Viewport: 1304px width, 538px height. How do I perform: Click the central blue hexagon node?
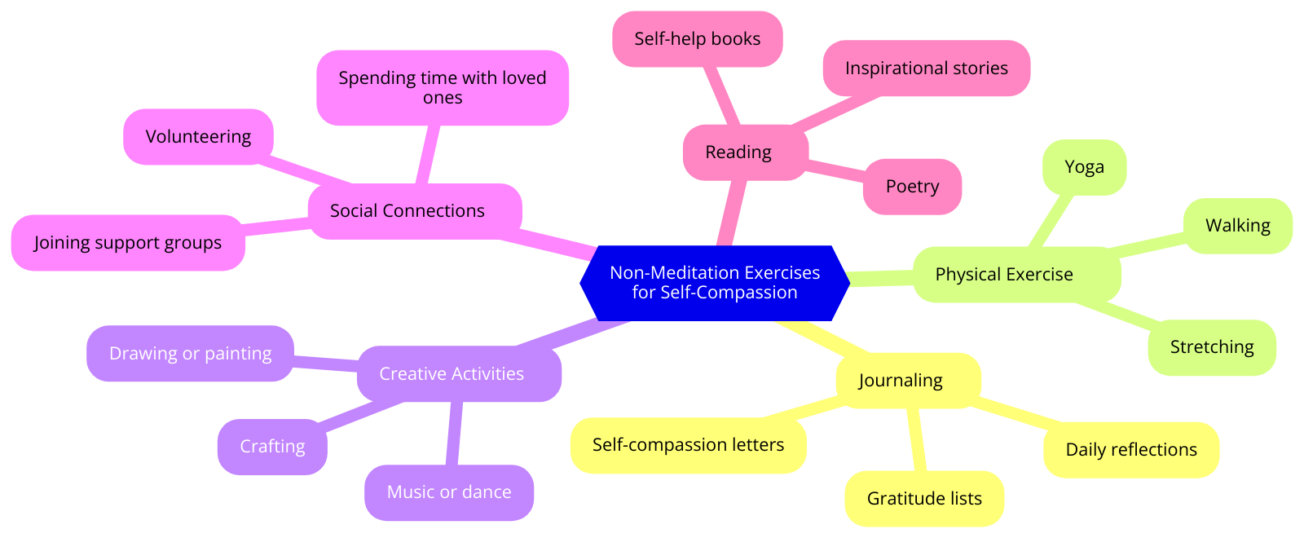point(715,283)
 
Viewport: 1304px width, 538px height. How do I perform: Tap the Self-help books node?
point(697,39)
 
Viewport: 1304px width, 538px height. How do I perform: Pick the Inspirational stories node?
point(926,68)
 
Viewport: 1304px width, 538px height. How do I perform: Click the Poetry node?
point(912,187)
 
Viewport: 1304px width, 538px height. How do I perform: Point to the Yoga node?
point(1084,167)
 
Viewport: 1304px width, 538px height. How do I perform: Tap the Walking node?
point(1237,226)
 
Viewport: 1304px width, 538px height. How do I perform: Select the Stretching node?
point(1211,347)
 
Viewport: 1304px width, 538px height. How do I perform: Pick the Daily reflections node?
point(1130,450)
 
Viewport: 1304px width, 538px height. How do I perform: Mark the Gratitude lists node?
point(924,499)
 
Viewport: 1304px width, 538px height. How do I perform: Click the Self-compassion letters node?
point(688,445)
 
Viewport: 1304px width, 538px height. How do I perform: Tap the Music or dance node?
point(449,492)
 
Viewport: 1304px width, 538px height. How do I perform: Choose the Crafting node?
point(272,447)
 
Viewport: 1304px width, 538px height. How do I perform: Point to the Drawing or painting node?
point(190,354)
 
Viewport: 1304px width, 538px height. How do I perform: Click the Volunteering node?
point(198,137)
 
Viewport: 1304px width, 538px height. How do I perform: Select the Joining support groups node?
point(128,243)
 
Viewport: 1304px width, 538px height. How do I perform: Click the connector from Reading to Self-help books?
point(723,95)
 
